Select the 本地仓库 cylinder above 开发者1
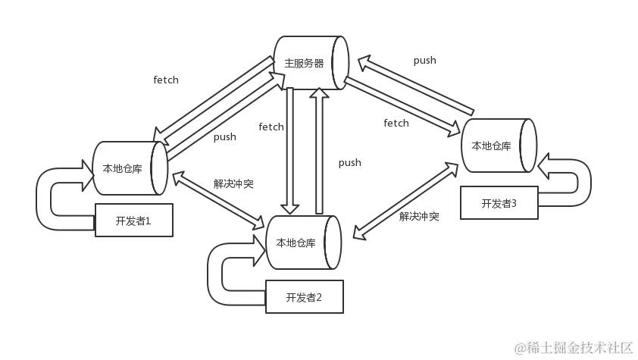point(129,167)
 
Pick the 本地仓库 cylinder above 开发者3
point(498,146)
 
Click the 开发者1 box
point(133,221)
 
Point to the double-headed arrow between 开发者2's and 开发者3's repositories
point(409,199)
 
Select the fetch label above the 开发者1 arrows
point(167,79)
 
